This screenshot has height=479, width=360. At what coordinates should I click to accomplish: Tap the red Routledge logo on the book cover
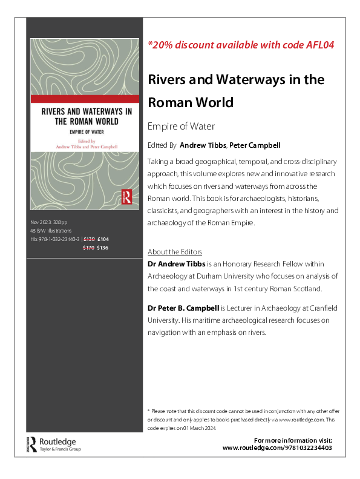click(127, 196)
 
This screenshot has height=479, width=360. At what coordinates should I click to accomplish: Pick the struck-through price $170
click(89, 247)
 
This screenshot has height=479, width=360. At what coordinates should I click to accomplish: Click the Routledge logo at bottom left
click(54, 444)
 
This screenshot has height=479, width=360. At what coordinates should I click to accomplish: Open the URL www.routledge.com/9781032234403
click(277, 448)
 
